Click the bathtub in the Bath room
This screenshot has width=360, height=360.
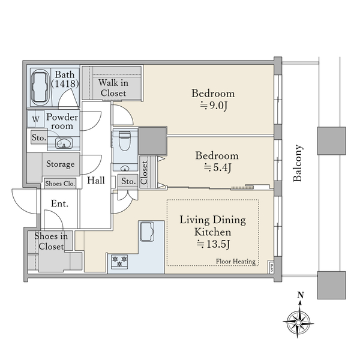click(40, 88)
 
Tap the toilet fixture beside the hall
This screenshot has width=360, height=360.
click(125, 140)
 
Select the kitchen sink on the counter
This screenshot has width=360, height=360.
click(147, 232)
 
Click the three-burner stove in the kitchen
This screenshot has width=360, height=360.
click(119, 262)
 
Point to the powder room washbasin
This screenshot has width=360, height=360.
click(64, 143)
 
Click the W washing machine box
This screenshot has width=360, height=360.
click(36, 119)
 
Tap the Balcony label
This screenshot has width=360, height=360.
click(298, 163)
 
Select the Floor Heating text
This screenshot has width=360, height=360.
click(236, 261)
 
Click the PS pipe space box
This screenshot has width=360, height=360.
click(271, 267)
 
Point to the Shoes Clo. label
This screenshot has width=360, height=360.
click(60, 184)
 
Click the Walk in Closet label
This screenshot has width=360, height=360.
click(113, 88)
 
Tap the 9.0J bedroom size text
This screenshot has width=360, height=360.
click(214, 106)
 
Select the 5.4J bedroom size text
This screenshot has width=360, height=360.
click(217, 168)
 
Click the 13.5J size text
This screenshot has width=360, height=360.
click(213, 244)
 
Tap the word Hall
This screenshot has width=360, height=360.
click(96, 180)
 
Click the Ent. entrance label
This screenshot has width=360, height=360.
click(59, 203)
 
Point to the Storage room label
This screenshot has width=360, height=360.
click(61, 164)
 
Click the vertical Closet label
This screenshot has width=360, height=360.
click(144, 173)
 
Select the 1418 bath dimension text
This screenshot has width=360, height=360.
click(65, 83)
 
